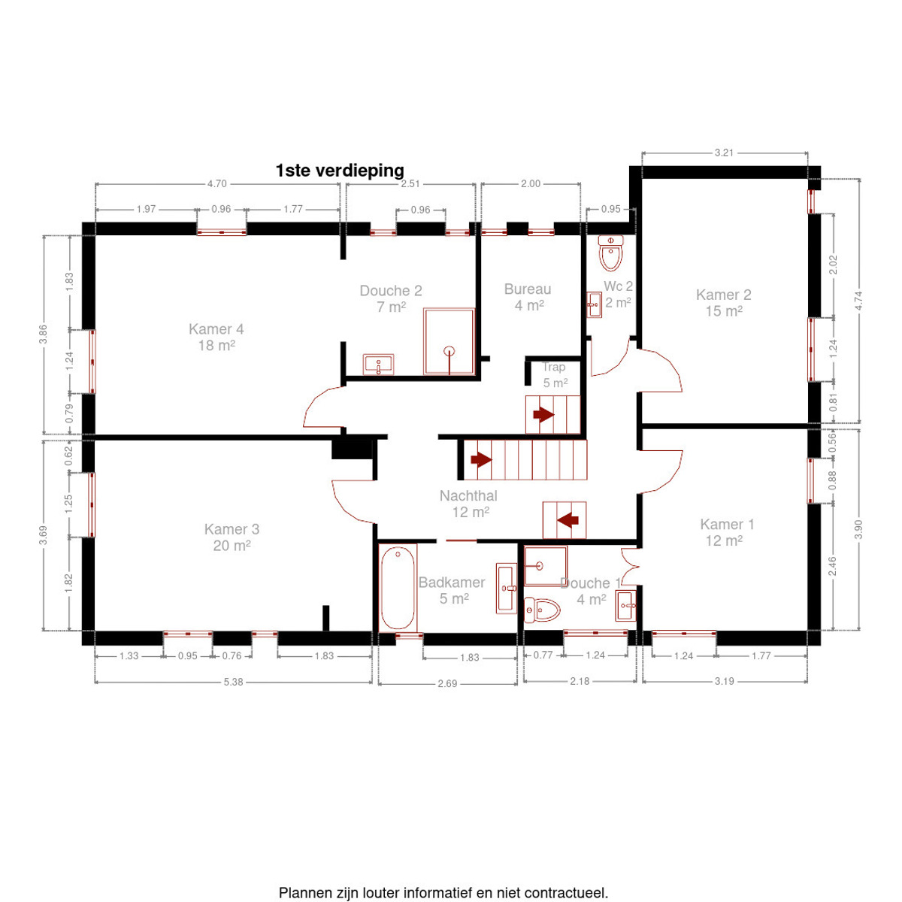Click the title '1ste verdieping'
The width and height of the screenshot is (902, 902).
339,171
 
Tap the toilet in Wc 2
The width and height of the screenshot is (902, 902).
610,253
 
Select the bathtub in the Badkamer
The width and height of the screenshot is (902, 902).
397,588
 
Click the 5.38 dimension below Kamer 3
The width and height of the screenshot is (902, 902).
233,682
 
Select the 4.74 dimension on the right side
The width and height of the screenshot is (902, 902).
858,301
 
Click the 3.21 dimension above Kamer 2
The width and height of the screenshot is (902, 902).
724,153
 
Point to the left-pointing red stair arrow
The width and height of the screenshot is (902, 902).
568,519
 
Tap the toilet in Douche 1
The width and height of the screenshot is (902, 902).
542,610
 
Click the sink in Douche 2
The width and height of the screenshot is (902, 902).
378,364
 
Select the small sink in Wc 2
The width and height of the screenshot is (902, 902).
594,304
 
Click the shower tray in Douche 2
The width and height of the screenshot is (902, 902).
449,341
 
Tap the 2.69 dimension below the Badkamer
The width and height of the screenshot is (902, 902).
447,683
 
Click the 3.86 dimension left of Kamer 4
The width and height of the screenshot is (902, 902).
43,334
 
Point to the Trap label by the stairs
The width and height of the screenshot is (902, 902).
554,368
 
